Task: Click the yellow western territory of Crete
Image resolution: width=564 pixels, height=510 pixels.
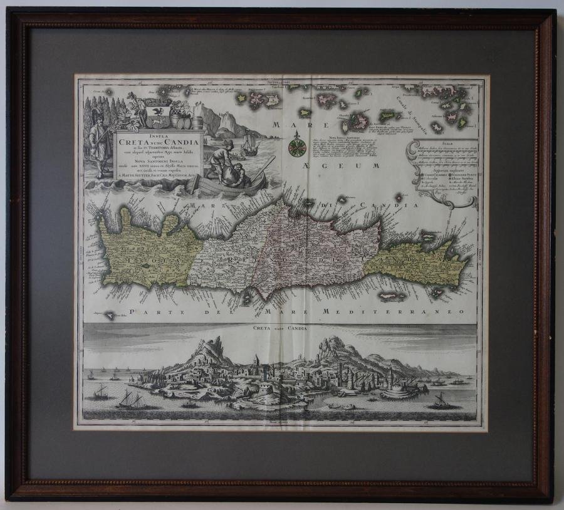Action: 141,247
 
